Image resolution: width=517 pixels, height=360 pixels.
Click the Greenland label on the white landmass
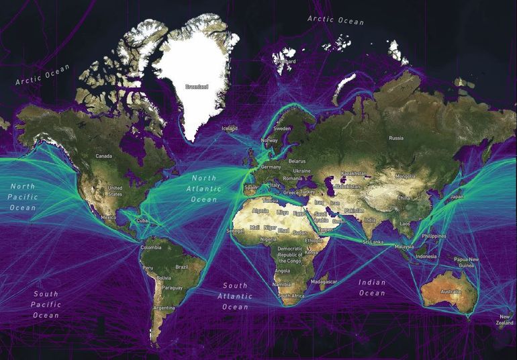pyautogui.click(x=197, y=87)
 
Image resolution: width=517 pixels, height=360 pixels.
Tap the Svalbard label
pyautogui.click(x=285, y=61)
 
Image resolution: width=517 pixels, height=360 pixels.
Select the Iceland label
pyautogui.click(x=230, y=128)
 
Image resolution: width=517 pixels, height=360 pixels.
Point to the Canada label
pyautogui.click(x=104, y=156)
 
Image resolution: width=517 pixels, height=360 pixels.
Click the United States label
pyautogui.click(x=115, y=191)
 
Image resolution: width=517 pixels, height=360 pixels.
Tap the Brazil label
pyautogui.click(x=181, y=267)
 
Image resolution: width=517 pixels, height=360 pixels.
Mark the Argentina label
pyautogui.click(x=164, y=308)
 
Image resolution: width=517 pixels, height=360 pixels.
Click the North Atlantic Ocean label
pyautogui.click(x=204, y=189)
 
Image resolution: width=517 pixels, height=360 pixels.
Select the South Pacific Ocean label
pyautogui.click(x=46, y=304)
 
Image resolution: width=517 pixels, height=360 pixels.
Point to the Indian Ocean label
pyautogui.click(x=372, y=287)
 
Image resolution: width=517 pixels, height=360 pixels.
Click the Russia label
pyautogui.click(x=396, y=138)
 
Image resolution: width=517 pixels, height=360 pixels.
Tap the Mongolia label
pyautogui.click(x=406, y=176)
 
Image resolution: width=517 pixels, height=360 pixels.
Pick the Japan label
pyautogui.click(x=457, y=197)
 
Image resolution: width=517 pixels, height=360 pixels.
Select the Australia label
pyautogui.click(x=451, y=292)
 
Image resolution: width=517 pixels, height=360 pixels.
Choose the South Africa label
pyautogui.click(x=293, y=296)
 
